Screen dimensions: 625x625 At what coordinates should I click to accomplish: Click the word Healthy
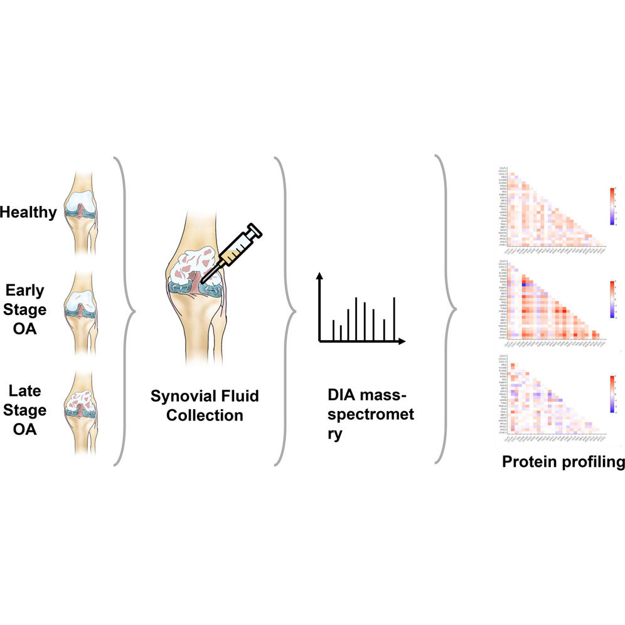click(x=28, y=213)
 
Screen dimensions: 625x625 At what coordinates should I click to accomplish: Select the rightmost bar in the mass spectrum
click(x=393, y=319)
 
